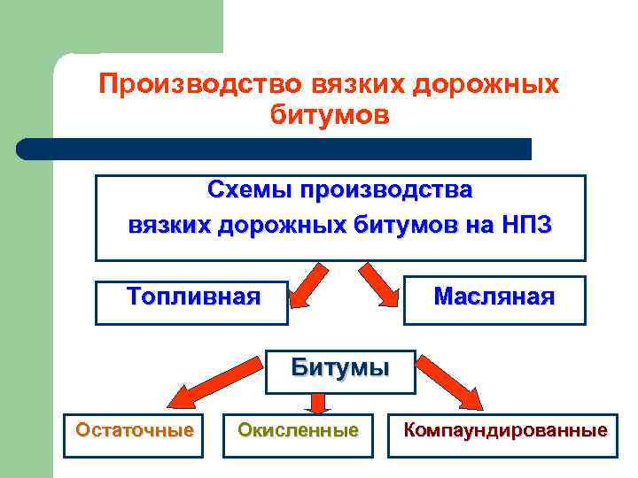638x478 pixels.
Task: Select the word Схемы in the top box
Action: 250,190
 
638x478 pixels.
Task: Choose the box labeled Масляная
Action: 494,298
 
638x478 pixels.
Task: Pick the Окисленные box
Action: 298,432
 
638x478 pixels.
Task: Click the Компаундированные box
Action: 506,432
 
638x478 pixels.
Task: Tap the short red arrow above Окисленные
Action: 319,404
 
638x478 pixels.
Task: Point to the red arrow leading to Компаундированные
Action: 448,388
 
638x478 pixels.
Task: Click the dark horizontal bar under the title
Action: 275,149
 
